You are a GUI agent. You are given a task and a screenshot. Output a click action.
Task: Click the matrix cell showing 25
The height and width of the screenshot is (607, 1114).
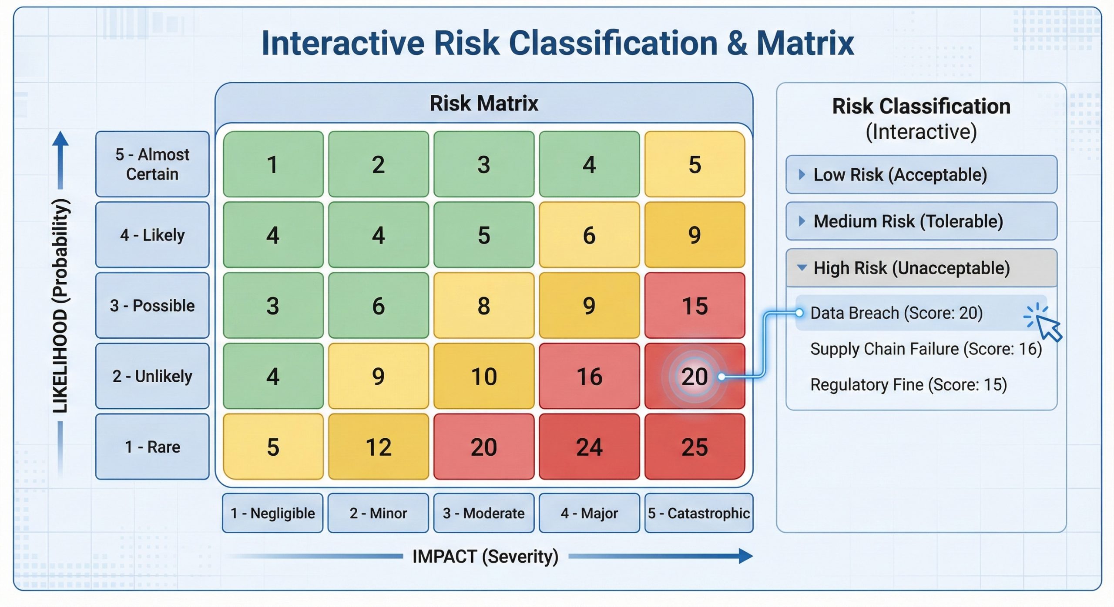(x=695, y=447)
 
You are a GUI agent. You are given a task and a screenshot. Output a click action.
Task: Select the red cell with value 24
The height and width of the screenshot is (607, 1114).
(x=589, y=447)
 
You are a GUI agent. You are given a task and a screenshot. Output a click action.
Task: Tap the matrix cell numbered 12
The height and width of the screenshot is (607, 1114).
(x=378, y=447)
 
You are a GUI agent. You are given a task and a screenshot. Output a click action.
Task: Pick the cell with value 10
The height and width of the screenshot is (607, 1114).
(x=483, y=376)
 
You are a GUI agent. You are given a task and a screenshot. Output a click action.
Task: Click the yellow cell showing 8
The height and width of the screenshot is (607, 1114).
(x=483, y=305)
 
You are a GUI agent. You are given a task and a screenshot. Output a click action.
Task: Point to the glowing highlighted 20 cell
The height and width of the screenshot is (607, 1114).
(x=695, y=376)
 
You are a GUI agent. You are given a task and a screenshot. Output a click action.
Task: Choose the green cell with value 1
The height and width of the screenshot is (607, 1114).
(x=273, y=164)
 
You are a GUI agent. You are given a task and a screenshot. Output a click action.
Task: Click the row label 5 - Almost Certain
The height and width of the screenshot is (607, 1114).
(x=152, y=164)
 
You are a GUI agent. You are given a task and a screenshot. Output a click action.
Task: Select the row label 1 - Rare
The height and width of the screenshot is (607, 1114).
(x=152, y=447)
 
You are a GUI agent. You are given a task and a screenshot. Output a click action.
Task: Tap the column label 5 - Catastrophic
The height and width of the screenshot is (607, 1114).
(x=698, y=513)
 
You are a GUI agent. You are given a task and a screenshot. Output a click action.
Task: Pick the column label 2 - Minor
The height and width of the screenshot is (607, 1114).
(x=378, y=513)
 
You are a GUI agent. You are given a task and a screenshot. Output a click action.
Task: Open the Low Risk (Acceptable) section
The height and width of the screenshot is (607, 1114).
(x=921, y=175)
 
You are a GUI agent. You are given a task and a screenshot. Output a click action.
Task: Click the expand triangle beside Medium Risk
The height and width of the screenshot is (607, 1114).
(x=802, y=221)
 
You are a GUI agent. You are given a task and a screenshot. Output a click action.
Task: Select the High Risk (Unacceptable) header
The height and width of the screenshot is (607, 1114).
(x=921, y=268)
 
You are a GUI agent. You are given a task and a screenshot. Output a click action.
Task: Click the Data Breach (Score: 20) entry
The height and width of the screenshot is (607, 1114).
(x=896, y=313)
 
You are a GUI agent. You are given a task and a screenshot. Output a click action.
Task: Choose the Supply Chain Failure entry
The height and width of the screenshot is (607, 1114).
(x=926, y=349)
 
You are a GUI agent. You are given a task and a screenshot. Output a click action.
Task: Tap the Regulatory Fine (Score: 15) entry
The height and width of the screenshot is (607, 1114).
(x=908, y=385)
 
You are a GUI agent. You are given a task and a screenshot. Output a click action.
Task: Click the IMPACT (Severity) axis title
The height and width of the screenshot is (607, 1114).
(x=485, y=556)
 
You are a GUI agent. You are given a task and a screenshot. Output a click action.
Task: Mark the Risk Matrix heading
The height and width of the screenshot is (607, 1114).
(x=484, y=103)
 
